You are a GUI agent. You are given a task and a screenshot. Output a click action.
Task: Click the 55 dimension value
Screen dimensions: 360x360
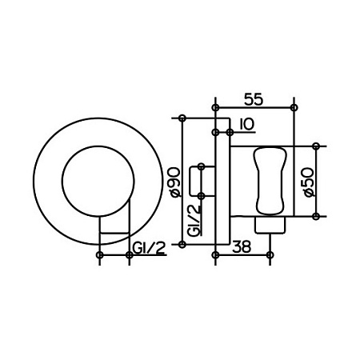(x=254, y=99)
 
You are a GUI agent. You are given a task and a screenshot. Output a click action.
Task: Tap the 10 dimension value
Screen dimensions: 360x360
(x=247, y=124)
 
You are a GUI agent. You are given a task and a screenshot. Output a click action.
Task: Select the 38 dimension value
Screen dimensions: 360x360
(x=242, y=246)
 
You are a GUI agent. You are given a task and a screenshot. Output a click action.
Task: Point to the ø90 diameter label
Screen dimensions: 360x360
(x=175, y=182)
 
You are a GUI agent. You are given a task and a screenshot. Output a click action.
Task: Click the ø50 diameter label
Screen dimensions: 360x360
(x=309, y=182)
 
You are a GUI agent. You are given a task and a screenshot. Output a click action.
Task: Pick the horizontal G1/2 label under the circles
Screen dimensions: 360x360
(x=149, y=248)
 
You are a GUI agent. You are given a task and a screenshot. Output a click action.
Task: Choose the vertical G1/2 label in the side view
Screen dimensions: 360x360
(x=194, y=220)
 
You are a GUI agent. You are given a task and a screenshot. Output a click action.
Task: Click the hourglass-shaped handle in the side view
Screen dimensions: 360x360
(x=270, y=181)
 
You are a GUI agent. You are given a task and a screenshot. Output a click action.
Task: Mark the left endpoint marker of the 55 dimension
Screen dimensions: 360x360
(x=215, y=108)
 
